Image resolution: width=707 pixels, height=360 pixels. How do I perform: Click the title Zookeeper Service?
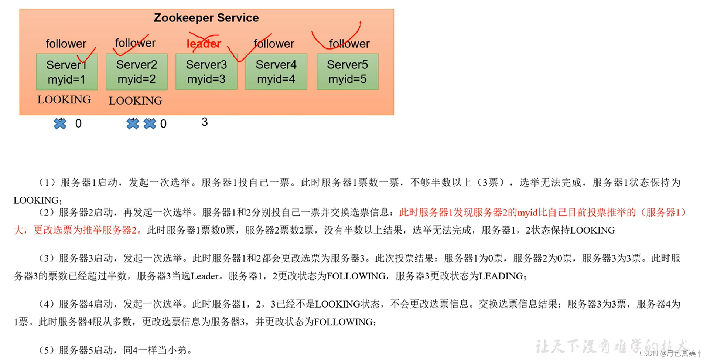click(206, 18)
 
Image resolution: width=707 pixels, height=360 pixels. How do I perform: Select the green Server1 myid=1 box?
click(66, 72)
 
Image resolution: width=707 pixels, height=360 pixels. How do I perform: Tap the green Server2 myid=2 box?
click(136, 72)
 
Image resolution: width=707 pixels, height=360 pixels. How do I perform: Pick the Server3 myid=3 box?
click(206, 72)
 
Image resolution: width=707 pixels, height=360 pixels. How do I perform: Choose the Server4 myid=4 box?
click(276, 72)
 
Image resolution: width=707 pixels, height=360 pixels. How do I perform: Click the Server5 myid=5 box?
click(347, 72)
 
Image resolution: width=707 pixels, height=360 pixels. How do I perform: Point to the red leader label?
click(204, 44)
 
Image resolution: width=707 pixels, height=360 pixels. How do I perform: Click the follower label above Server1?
click(66, 44)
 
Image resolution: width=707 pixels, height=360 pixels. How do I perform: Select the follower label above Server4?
click(274, 44)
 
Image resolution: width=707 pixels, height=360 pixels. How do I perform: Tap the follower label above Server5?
click(349, 44)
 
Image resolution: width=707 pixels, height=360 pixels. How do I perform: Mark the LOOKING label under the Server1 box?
click(64, 100)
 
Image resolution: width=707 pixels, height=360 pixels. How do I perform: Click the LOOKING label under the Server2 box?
click(135, 101)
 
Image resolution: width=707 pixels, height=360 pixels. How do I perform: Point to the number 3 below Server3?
click(205, 122)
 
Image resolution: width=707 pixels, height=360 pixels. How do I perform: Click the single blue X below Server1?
click(60, 123)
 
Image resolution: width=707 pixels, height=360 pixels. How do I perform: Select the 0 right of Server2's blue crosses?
click(163, 124)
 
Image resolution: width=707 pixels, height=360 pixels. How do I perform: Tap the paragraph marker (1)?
click(47, 183)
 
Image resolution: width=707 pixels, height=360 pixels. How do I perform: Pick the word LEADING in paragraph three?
click(501, 276)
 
